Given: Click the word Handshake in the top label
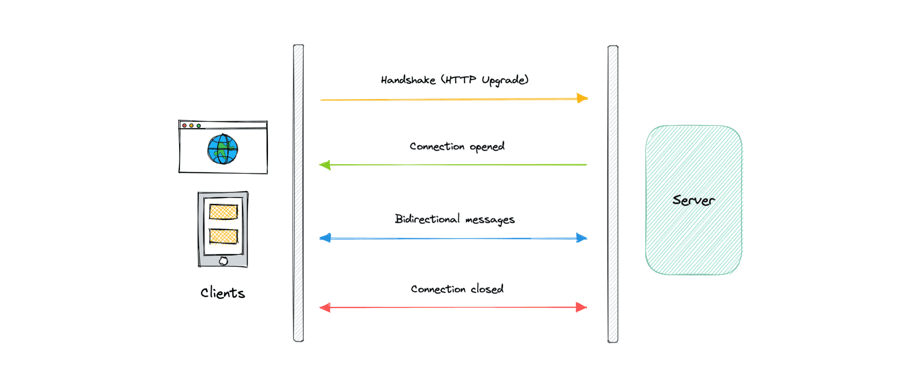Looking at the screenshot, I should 408,80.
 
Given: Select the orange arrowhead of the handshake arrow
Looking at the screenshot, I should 582,98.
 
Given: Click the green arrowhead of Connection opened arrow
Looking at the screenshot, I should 325,165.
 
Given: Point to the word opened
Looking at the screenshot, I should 487,147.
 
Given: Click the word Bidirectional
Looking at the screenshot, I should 427,219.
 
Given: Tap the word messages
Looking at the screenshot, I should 490,220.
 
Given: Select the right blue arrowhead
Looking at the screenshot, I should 581,238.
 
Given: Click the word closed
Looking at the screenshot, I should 487,289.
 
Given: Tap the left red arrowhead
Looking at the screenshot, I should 325,307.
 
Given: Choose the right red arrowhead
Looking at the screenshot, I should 581,307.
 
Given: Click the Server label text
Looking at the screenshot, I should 693,200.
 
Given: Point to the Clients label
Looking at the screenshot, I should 222,293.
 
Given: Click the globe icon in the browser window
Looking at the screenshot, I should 222,149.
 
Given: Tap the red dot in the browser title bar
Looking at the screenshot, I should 184,126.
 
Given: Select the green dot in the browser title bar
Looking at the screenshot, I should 199,126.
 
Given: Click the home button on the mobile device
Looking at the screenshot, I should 223,261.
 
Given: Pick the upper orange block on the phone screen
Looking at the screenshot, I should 223,212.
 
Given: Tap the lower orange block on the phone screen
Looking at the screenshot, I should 223,236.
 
